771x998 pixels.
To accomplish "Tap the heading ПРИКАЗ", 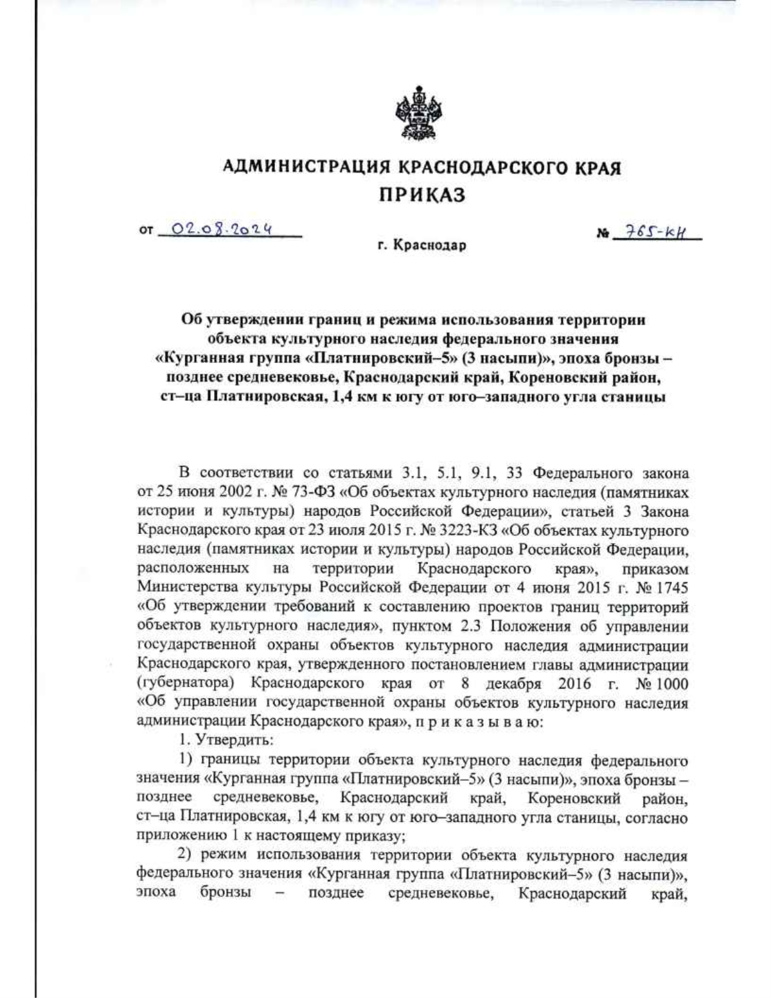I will pyautogui.click(x=421, y=196).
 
